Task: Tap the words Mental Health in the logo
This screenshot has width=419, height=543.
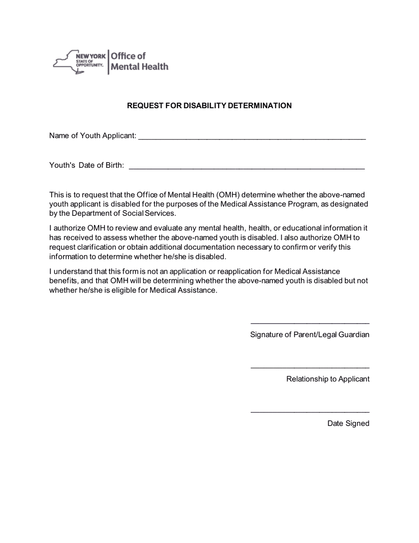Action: coord(139,67)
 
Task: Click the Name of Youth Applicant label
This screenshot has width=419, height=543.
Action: coord(93,136)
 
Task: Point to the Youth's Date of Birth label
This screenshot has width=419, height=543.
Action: coord(86,166)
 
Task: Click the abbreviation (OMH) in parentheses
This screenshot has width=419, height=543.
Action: coord(228,195)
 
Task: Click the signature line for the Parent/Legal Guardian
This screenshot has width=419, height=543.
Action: coord(310,323)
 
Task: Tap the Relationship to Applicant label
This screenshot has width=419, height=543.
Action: coord(328,379)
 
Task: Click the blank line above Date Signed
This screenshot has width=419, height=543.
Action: coord(310,412)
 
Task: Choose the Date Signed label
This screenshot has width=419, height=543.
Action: coord(348,423)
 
